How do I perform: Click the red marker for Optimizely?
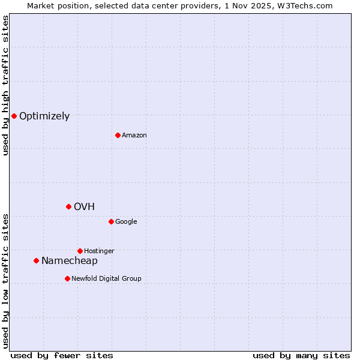(x=14, y=116)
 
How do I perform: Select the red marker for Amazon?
(x=118, y=135)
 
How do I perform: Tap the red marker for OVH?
(x=68, y=206)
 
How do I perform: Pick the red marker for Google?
(x=111, y=221)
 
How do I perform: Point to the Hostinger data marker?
(x=80, y=251)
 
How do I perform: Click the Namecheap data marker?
(x=36, y=260)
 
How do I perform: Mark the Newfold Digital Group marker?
(x=67, y=278)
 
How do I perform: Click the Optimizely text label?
(x=44, y=116)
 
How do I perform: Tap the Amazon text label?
(x=134, y=136)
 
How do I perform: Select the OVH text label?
(x=84, y=207)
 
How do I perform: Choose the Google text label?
(x=126, y=222)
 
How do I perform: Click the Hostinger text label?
(x=99, y=251)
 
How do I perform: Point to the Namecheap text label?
(x=69, y=261)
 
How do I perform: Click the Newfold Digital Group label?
(x=106, y=279)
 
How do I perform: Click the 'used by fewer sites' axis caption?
(x=62, y=356)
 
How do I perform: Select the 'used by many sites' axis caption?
(x=301, y=356)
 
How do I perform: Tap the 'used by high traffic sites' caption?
(x=5, y=85)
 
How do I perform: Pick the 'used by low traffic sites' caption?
(x=5, y=281)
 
